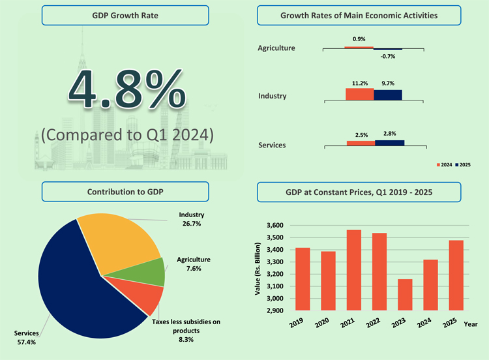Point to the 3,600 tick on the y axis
point(275,225)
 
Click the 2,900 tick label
point(275,311)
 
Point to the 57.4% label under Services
point(26,341)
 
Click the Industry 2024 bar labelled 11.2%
point(359,95)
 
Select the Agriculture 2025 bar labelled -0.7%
point(388,49)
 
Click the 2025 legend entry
point(462,165)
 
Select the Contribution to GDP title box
point(125,192)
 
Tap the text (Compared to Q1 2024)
point(127,135)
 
